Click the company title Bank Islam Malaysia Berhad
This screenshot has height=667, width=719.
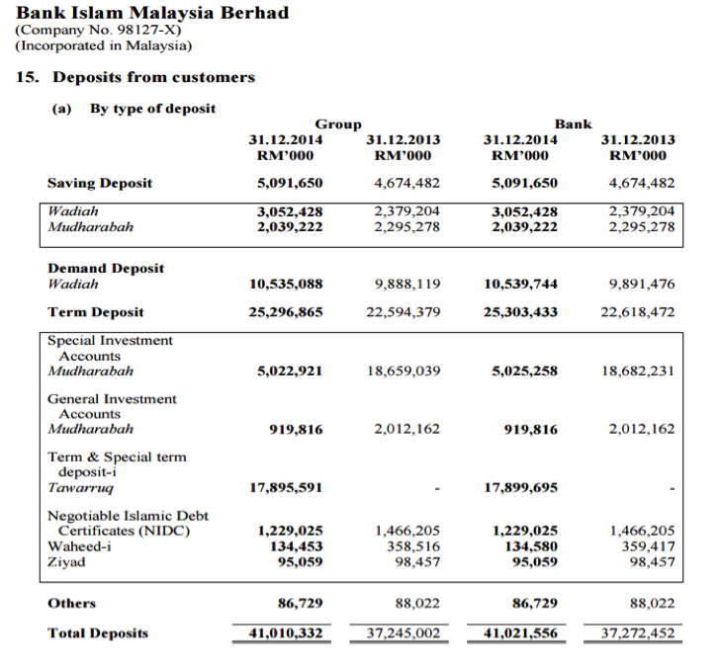[153, 14]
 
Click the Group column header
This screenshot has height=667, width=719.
[338, 125]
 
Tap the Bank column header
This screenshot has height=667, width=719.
[574, 125]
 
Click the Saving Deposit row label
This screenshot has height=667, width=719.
[100, 183]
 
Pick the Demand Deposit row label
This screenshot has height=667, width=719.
[106, 268]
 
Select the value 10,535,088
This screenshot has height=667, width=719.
[286, 285]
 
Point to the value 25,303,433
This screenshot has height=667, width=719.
[521, 312]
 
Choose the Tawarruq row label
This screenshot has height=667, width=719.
[80, 487]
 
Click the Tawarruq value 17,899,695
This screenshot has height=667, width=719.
[521, 487]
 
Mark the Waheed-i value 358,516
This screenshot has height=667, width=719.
[412, 546]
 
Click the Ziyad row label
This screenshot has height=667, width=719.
[66, 562]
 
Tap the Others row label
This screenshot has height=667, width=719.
[72, 603]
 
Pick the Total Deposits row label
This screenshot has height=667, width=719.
[98, 633]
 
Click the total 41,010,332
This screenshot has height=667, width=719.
[286, 633]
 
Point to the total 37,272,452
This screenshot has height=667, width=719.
[638, 633]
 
